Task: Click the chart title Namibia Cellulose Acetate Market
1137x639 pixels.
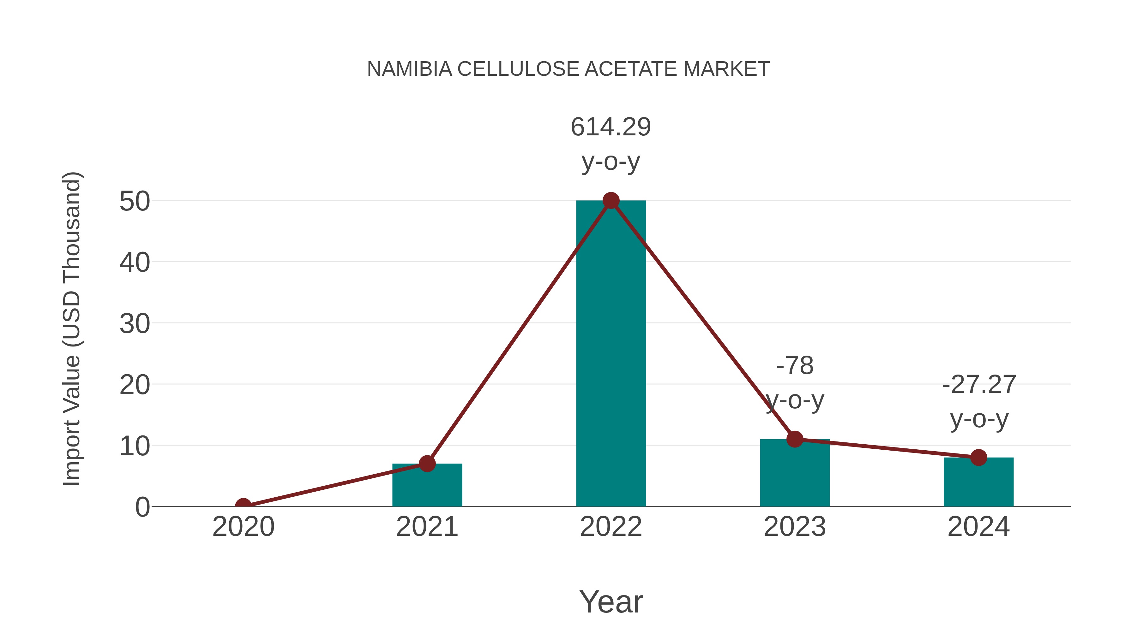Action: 568,69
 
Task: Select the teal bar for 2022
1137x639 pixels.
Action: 611,353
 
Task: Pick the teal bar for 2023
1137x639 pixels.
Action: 795,474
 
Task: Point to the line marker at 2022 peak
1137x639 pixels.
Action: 611,201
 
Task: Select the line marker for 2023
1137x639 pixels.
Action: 795,439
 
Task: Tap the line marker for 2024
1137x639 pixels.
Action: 978,457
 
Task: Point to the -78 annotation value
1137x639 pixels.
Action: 795,366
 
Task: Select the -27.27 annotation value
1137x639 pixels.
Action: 978,385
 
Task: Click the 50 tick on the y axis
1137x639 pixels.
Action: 135,202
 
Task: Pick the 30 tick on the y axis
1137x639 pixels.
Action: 135,324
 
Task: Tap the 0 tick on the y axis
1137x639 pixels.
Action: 142,507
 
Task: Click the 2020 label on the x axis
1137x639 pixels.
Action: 243,527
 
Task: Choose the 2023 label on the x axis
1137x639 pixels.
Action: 795,527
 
